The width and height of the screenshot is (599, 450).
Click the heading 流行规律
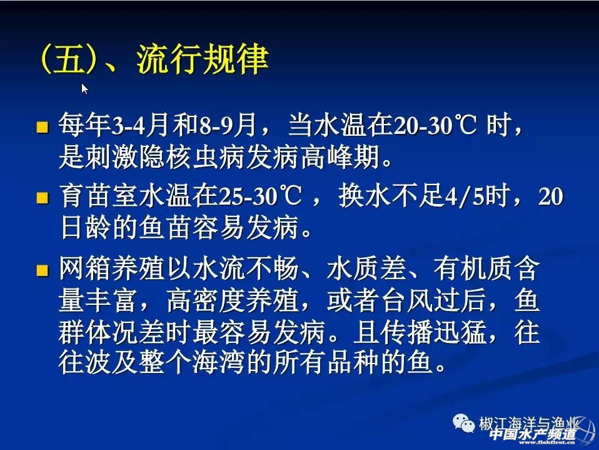203,59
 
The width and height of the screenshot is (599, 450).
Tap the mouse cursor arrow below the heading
84,89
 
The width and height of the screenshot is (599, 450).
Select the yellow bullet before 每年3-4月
43,127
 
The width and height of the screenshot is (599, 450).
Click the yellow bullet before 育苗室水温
43,198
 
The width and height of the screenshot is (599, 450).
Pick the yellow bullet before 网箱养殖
43,270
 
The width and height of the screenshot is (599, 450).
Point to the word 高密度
206,300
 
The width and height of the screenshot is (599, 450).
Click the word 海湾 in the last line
218,362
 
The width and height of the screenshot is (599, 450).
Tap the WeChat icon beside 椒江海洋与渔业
463,424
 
